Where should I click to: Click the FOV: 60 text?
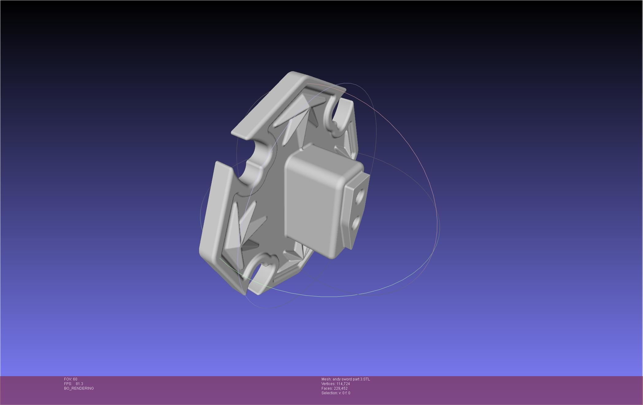[x=71, y=379]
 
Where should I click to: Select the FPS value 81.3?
[x=79, y=384]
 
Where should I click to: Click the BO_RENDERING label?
[x=79, y=388]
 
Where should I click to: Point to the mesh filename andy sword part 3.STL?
[x=345, y=379]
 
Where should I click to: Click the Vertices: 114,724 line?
[x=335, y=384]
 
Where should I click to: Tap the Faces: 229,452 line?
[x=334, y=388]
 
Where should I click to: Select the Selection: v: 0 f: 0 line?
[x=336, y=393]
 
